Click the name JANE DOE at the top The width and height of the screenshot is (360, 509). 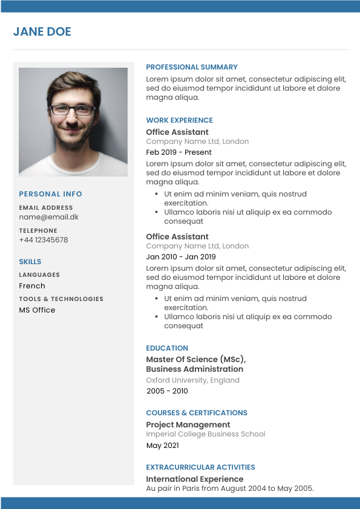click(42, 32)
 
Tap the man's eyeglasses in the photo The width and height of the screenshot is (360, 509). click(73, 110)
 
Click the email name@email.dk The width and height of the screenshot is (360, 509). click(48, 217)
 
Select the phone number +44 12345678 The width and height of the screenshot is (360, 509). click(43, 240)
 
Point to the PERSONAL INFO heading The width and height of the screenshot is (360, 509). click(50, 194)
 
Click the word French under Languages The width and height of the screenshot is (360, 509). click(32, 286)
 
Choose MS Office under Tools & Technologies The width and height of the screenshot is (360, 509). click(37, 310)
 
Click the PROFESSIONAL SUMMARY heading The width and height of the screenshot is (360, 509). click(192, 67)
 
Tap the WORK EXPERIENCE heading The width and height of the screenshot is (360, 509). click(179, 120)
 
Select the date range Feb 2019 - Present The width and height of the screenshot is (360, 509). click(178, 152)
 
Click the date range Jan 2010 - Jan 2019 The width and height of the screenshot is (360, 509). click(180, 257)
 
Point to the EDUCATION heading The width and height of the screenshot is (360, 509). click(167, 348)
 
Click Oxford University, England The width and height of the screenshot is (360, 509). click(192, 380)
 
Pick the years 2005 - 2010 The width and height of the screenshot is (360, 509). click(167, 391)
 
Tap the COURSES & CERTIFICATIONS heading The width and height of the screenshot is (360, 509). click(196, 413)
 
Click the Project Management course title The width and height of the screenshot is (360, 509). click(188, 425)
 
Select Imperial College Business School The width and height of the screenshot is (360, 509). click(205, 434)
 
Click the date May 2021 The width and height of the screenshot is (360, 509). click(162, 446)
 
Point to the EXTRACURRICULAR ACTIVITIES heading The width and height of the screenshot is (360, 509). click(200, 467)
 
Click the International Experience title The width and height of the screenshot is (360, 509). click(194, 479)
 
